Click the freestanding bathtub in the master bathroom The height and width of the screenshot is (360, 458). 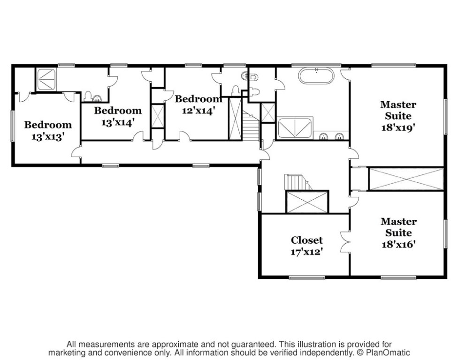click(x=316, y=76)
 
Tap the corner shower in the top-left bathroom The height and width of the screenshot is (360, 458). click(x=46, y=79)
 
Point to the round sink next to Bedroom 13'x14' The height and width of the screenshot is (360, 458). click(x=97, y=98)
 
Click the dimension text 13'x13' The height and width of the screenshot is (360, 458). click(x=48, y=136)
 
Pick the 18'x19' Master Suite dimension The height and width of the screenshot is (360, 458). click(x=397, y=127)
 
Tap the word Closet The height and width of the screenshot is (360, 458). click(x=306, y=240)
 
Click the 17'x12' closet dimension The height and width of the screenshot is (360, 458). click(x=306, y=251)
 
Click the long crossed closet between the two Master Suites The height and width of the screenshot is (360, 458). click(x=406, y=178)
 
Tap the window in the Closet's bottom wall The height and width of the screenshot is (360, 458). click(x=306, y=277)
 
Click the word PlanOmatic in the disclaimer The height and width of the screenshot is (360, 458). click(x=391, y=353)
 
